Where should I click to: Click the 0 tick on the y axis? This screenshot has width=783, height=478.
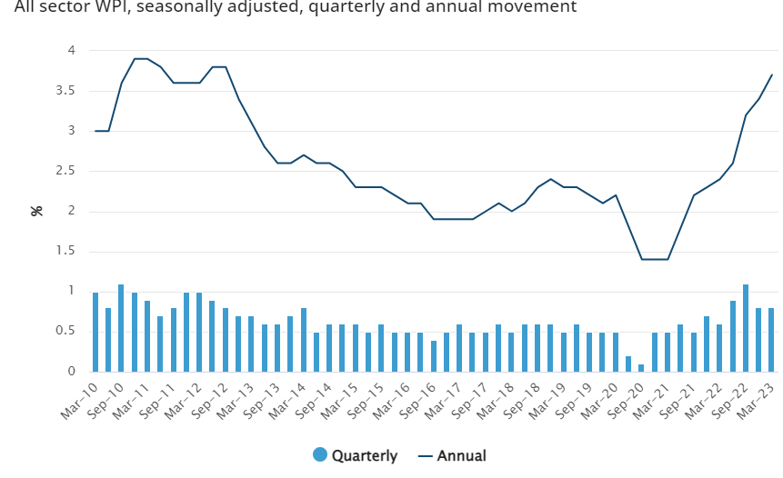click(x=70, y=372)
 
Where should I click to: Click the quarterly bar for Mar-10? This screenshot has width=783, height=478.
click(x=95, y=332)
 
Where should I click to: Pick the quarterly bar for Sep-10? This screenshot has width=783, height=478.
click(x=121, y=328)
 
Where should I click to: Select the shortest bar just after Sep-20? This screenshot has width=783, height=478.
click(x=641, y=368)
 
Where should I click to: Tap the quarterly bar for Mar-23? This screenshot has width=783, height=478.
click(x=771, y=340)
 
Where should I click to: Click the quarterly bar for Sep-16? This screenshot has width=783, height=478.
click(x=433, y=355)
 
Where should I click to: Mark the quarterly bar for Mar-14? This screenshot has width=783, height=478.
click(x=303, y=340)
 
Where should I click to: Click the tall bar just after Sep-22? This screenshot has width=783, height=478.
click(x=746, y=328)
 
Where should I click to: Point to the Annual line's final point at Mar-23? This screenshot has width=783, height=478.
click(x=772, y=75)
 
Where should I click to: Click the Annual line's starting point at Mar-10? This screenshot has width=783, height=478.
click(x=95, y=131)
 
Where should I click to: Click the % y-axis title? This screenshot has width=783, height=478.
click(x=37, y=211)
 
